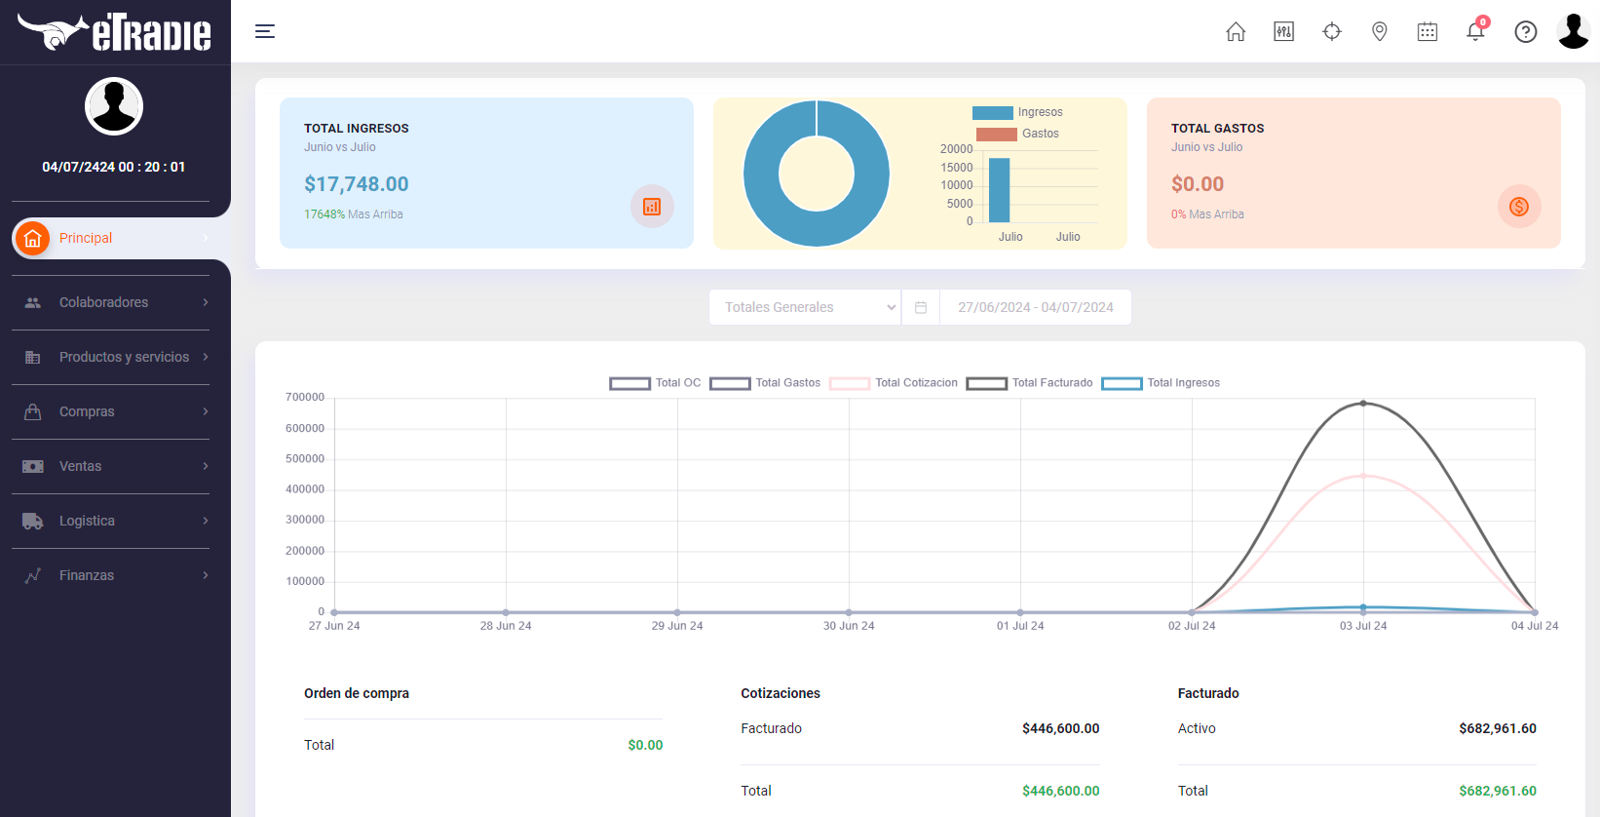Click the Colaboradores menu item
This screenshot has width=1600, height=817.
[103, 302]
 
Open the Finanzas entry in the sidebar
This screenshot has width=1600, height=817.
[87, 575]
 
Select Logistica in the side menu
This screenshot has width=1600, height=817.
[87, 521]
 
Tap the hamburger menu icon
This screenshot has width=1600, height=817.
[265, 31]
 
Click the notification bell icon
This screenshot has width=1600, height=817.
[1475, 31]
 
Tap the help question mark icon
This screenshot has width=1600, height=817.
[1526, 32]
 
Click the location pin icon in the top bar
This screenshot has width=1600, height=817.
[1379, 31]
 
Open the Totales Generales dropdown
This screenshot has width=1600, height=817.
[805, 307]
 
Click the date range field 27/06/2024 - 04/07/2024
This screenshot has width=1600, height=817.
[1035, 307]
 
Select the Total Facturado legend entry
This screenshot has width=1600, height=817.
[1029, 383]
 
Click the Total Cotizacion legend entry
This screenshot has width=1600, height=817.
[893, 383]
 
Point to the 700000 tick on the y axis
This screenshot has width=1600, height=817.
[305, 398]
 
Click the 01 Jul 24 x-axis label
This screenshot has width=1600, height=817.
[1020, 626]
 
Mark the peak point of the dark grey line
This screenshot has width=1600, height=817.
[1363, 404]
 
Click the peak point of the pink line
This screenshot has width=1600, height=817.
[1363, 476]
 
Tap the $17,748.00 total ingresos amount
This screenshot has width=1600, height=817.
[357, 183]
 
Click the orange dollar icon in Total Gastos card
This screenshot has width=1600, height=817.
[1518, 207]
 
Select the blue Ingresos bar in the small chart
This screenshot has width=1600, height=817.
[1000, 190]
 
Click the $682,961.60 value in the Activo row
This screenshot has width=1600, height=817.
[1497, 728]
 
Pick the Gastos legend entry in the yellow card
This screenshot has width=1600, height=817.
[1018, 134]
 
